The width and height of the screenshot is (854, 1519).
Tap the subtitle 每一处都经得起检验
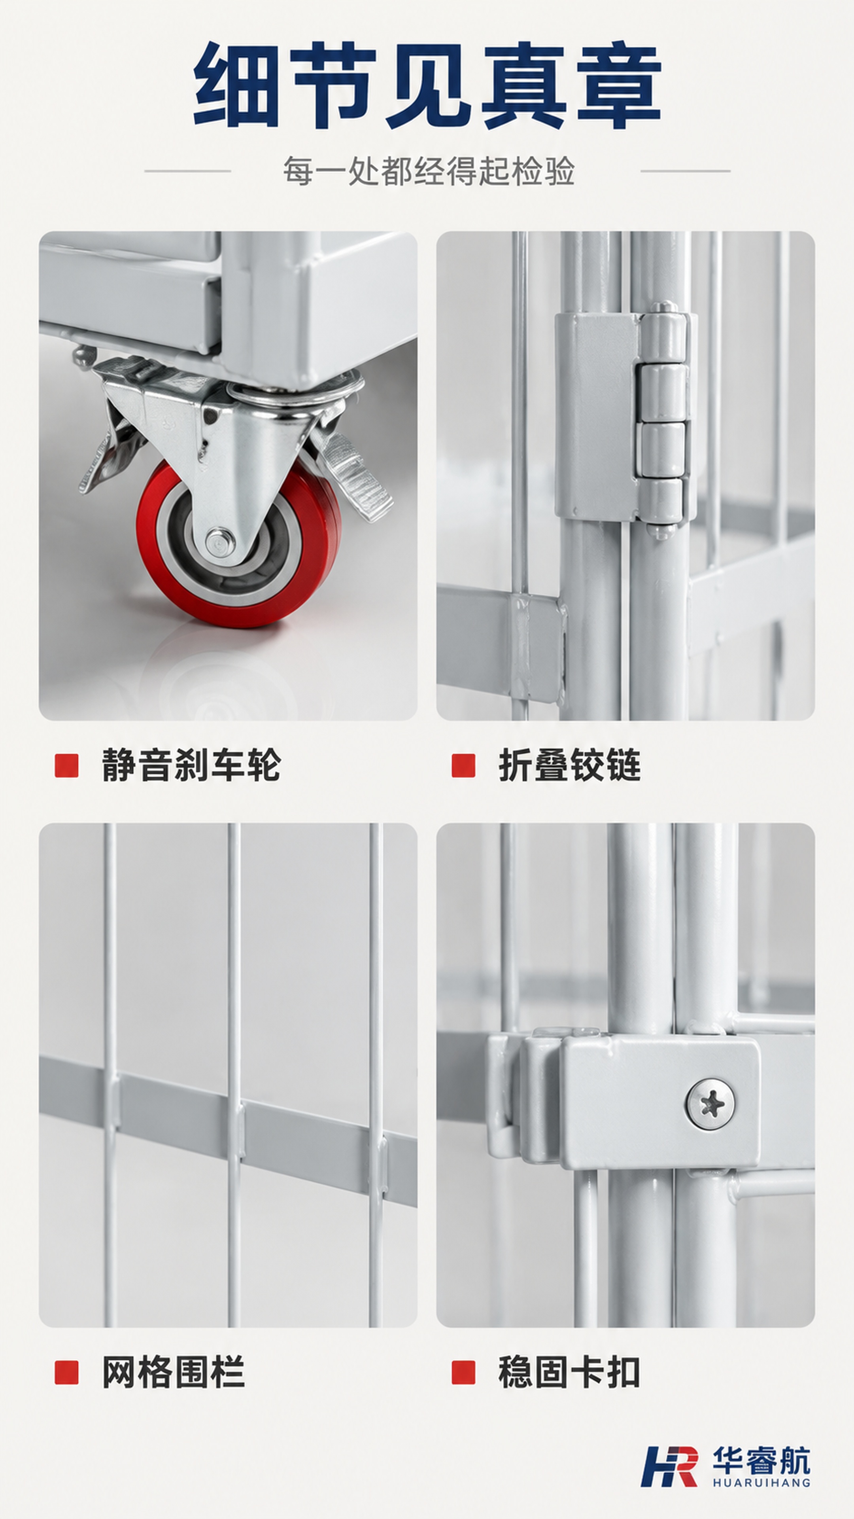tap(429, 171)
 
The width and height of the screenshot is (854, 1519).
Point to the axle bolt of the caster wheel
tap(219, 541)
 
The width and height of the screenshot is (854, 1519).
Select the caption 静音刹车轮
tap(191, 765)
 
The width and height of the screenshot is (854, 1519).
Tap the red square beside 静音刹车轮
tap(66, 765)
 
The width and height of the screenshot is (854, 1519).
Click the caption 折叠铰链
tap(570, 765)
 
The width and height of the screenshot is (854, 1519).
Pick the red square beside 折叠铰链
tap(463, 765)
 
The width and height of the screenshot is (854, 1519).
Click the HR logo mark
tap(669, 1466)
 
